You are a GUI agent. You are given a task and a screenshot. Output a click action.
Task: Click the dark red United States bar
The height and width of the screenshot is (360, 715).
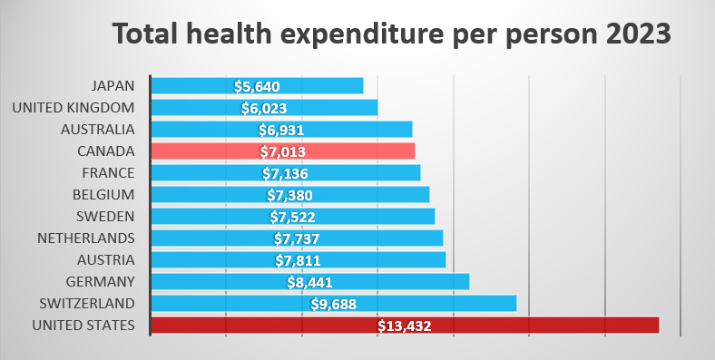405,326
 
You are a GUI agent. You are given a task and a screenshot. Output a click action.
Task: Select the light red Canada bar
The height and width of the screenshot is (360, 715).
283,151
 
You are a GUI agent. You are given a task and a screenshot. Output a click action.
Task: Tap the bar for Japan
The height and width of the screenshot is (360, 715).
257,85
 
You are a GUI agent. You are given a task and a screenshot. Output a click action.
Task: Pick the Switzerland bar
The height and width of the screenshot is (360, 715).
334,304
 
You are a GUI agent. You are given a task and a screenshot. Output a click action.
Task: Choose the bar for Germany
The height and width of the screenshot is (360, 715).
310,282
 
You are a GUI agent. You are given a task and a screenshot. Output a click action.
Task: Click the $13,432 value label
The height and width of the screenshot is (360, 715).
405,326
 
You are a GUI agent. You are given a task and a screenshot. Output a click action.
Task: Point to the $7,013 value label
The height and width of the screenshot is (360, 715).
283,151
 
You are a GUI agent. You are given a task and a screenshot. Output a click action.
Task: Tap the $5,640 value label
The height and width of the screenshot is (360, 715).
257,86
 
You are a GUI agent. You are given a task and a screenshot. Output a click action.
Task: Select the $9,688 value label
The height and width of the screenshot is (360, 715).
333,304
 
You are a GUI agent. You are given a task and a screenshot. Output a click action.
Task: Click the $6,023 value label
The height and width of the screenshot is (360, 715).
264,108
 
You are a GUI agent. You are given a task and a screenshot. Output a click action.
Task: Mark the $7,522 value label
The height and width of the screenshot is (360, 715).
292,218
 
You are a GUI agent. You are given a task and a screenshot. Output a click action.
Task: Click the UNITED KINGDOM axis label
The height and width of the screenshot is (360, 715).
73,108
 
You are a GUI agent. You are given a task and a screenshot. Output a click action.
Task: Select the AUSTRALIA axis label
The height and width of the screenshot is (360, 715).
98,130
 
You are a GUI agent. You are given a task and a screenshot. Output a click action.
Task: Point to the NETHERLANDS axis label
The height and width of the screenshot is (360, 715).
86,238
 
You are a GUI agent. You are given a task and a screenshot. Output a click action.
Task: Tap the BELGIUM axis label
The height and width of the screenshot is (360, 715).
104,195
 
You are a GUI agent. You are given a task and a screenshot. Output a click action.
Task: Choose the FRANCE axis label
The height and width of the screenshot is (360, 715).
109,173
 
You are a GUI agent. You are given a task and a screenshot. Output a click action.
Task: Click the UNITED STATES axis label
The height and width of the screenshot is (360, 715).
83,326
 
